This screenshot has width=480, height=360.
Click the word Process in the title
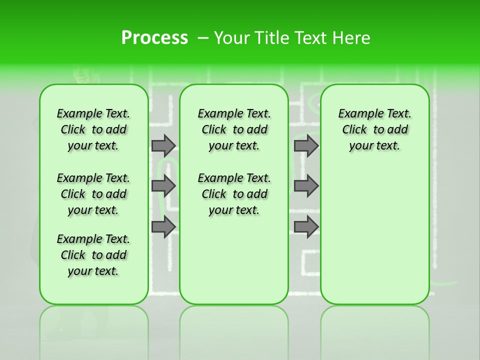tap(154, 38)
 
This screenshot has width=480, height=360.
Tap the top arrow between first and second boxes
tap(163, 145)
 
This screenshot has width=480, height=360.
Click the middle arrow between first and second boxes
tap(163, 186)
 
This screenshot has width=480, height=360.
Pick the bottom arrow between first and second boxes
tap(163, 227)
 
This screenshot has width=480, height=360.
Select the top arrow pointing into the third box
tap(306, 145)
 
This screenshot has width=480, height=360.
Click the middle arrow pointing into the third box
tap(306, 186)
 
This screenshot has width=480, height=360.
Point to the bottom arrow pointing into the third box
tap(306, 227)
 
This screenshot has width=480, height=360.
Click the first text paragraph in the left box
tap(93, 129)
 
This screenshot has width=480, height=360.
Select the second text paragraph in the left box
tap(93, 194)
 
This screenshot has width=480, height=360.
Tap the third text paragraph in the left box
tap(93, 255)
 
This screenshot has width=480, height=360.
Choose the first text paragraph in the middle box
tap(234, 129)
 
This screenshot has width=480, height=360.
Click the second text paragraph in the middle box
tap(234, 194)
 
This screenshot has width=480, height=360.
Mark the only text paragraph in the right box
tap(375, 129)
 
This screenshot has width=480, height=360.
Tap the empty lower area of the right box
tap(375, 235)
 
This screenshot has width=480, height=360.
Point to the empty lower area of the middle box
tap(234, 260)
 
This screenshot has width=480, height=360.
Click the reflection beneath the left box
tap(94, 330)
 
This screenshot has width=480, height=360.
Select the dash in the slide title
tap(202, 38)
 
